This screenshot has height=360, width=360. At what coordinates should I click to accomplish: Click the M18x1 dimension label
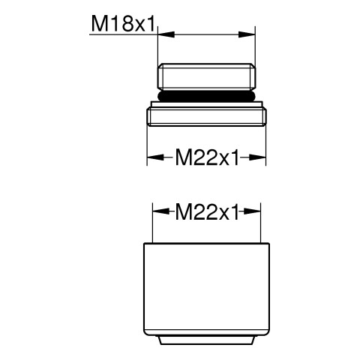pos(124,24)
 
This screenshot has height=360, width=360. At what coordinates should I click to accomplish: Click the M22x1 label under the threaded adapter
pos(207,157)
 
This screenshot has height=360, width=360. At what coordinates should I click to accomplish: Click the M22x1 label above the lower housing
pos(207,212)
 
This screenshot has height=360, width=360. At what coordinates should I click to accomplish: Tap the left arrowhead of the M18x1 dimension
pos(166,34)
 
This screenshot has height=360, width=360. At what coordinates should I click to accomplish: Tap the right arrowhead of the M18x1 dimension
pos(247,34)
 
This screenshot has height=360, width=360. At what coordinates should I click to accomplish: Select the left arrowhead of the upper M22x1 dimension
pos(155,157)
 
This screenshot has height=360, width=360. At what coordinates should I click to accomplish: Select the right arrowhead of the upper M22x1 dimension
pos(257,157)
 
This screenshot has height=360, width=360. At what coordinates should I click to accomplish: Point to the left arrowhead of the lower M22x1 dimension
pos(160,211)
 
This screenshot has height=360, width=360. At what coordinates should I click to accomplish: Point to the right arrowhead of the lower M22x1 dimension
pos(252,211)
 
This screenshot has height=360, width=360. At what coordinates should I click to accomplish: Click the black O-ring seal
pos(206,96)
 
